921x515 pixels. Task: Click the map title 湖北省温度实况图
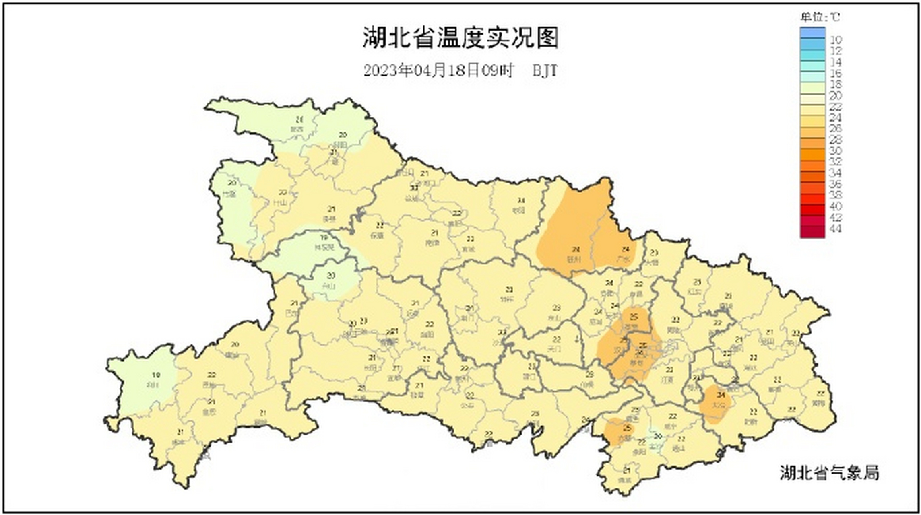click(x=460, y=38)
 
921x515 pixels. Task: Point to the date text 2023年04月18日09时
click(x=439, y=71)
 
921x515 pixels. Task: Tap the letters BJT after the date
click(x=545, y=71)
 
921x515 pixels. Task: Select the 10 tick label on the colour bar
click(x=836, y=40)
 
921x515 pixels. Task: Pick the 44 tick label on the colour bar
click(x=836, y=229)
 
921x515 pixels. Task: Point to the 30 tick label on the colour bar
click(x=836, y=151)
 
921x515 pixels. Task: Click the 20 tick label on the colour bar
click(x=836, y=95)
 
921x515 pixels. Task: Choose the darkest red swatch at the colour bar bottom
click(x=812, y=232)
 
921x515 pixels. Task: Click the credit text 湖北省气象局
click(x=829, y=473)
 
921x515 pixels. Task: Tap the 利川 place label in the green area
click(x=153, y=385)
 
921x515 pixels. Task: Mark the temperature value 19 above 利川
click(x=156, y=375)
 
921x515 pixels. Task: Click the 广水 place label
click(x=623, y=260)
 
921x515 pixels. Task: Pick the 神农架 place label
click(x=324, y=247)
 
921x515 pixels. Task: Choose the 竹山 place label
click(x=280, y=203)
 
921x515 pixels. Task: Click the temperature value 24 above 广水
click(x=625, y=249)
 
